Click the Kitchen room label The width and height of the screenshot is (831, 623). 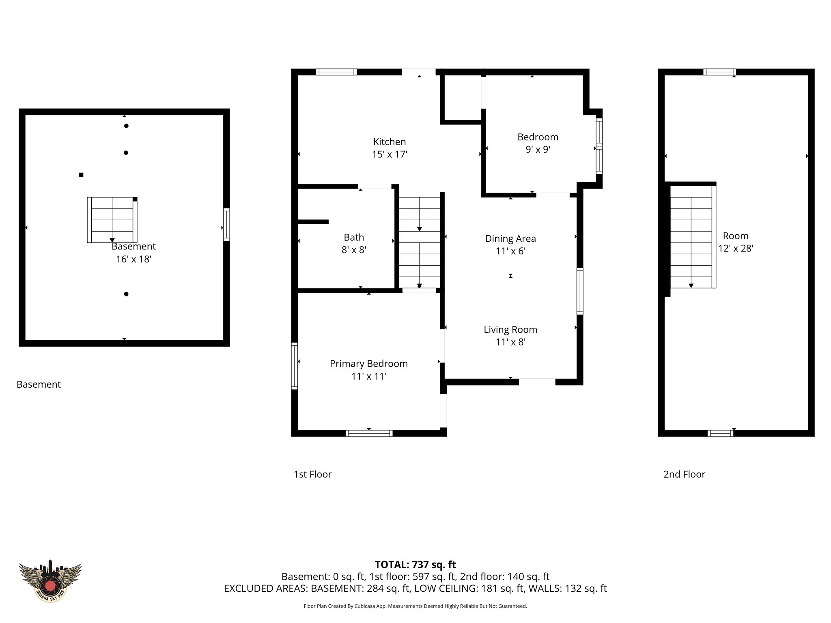click(x=389, y=142)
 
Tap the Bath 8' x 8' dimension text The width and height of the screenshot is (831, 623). click(x=353, y=250)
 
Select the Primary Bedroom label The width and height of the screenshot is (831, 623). click(x=368, y=363)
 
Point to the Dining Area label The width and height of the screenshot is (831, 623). click(x=510, y=238)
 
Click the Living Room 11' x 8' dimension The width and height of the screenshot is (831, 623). click(x=510, y=342)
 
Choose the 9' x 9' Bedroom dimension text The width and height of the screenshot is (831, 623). click(x=538, y=150)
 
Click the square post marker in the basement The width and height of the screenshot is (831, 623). click(x=81, y=175)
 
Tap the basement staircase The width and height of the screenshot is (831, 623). click(x=112, y=220)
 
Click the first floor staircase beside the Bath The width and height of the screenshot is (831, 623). click(x=419, y=243)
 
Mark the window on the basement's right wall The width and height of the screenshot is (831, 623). click(x=226, y=224)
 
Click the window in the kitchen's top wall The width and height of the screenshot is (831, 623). click(x=336, y=72)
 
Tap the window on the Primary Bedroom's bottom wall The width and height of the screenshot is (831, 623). click(x=369, y=433)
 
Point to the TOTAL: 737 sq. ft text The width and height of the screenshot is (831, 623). click(x=415, y=565)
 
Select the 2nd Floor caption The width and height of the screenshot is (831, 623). click(x=684, y=474)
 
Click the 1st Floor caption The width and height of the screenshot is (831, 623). click(x=312, y=474)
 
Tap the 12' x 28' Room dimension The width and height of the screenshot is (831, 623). click(x=735, y=249)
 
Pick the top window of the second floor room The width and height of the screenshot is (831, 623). click(x=719, y=72)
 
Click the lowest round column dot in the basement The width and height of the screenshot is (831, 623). click(x=126, y=294)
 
